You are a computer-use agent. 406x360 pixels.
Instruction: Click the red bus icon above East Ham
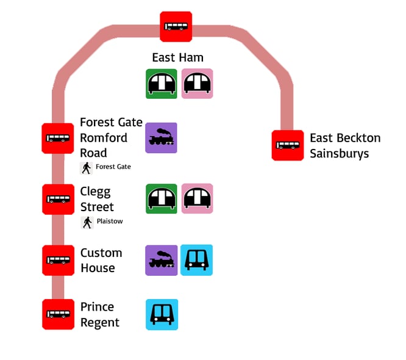(176, 27)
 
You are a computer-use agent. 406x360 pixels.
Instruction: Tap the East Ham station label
(177, 58)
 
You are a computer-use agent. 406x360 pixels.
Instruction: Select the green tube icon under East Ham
(162, 84)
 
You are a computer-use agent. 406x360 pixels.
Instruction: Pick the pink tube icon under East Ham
(198, 84)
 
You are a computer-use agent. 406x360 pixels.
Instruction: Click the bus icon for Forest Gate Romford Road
(58, 139)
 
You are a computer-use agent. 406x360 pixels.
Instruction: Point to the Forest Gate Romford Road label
(110, 138)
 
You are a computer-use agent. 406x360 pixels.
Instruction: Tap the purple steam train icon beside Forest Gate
(162, 138)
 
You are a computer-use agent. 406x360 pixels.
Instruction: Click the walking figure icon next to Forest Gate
(87, 167)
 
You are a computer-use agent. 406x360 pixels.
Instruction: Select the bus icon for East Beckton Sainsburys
(288, 145)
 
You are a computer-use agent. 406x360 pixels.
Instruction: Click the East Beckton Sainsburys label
(344, 145)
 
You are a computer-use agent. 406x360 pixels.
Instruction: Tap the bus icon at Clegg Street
(58, 199)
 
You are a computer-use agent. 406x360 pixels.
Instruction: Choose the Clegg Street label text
(97, 199)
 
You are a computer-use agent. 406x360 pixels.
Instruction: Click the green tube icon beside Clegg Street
(162, 199)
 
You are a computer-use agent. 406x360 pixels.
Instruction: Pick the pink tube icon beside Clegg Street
(198, 199)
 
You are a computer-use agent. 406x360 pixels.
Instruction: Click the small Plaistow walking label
(109, 221)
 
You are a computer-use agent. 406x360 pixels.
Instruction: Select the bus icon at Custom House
(58, 260)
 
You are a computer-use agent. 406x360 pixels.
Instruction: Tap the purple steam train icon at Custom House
(162, 261)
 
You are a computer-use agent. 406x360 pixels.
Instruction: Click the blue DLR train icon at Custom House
(197, 261)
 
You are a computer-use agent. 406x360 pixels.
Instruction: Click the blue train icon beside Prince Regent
(162, 314)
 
